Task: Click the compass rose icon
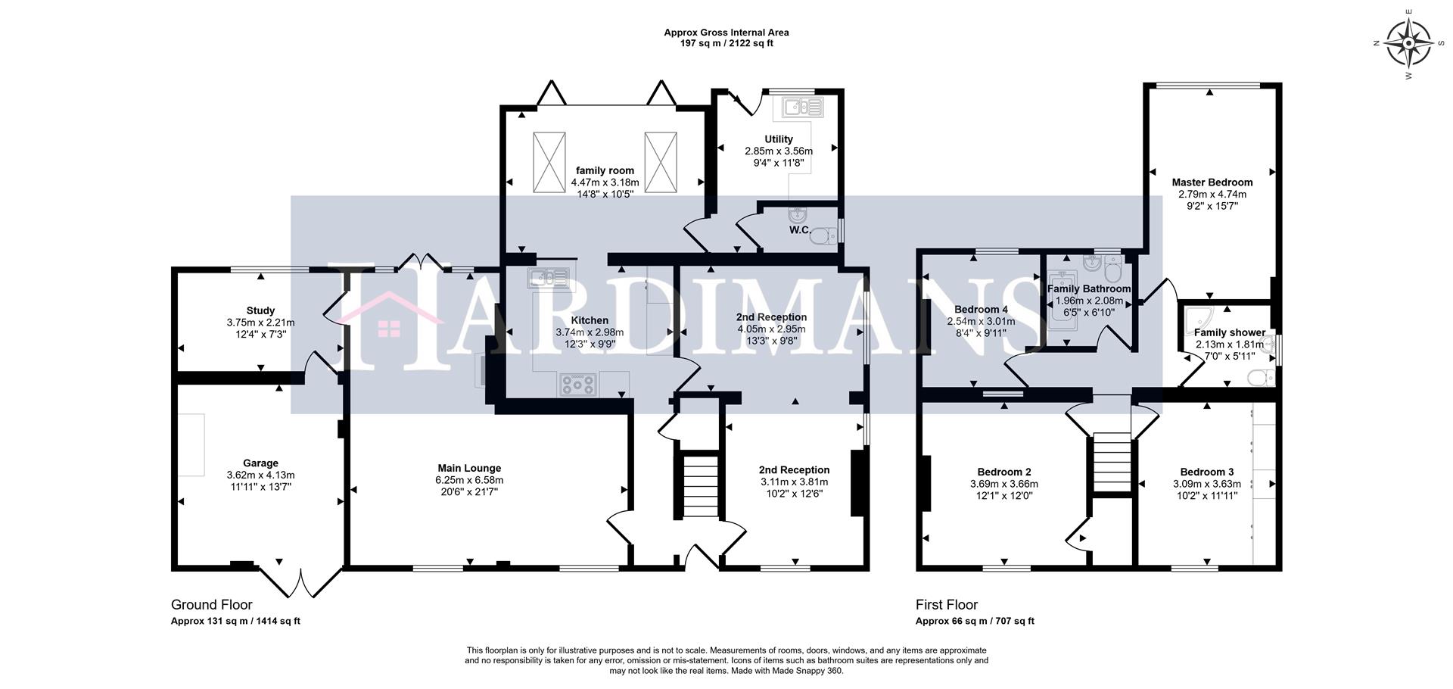point(1408,43)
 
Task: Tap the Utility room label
point(778,139)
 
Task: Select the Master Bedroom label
point(1212,182)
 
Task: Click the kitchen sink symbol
point(549,278)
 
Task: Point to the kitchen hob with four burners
point(578,385)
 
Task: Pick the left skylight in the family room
point(549,163)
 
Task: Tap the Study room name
point(260,310)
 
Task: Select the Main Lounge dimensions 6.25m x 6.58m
point(469,480)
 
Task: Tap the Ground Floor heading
point(212,605)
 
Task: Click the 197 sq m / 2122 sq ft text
point(726,44)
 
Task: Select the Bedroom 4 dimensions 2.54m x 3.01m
point(981,321)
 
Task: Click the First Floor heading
point(946,605)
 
